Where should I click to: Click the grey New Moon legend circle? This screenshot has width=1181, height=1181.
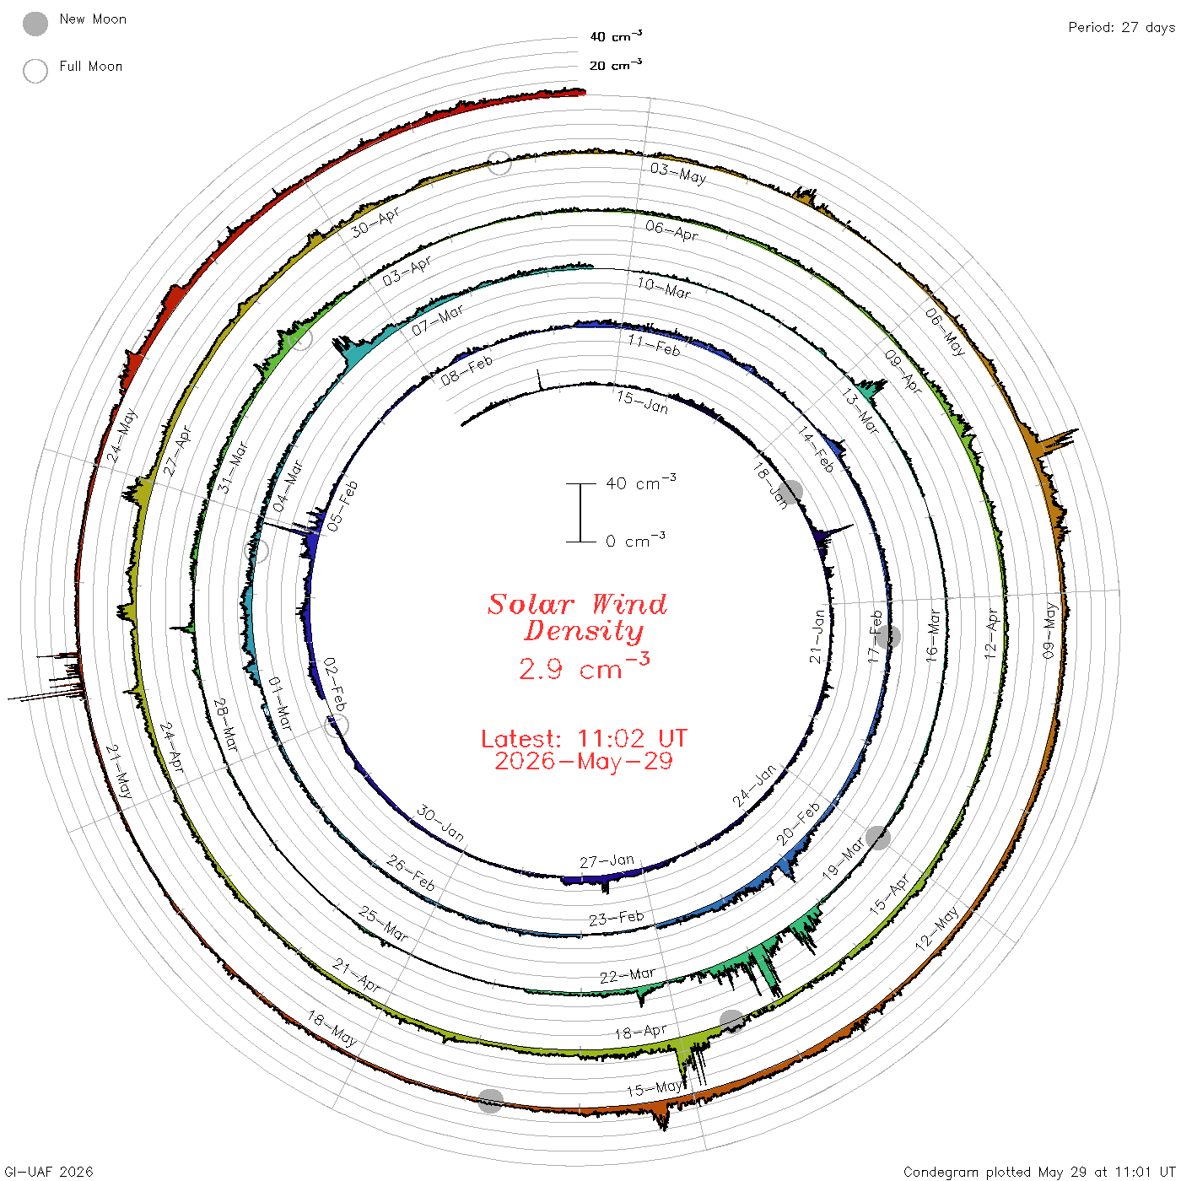coord(35,24)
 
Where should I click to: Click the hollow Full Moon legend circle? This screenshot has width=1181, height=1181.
coord(35,71)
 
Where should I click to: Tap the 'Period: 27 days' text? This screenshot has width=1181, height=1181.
coord(1122,28)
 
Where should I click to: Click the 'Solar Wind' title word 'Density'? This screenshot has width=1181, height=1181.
coord(584,631)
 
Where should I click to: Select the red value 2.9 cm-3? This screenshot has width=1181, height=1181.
coord(584,666)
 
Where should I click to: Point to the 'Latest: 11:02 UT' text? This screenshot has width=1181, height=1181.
coord(584,738)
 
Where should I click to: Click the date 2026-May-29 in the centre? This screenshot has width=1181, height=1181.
coord(584,761)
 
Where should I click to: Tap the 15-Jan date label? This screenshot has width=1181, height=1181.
coord(642,402)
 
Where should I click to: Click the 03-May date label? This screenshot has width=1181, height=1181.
coord(678,173)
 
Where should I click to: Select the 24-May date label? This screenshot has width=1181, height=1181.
coord(122,436)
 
